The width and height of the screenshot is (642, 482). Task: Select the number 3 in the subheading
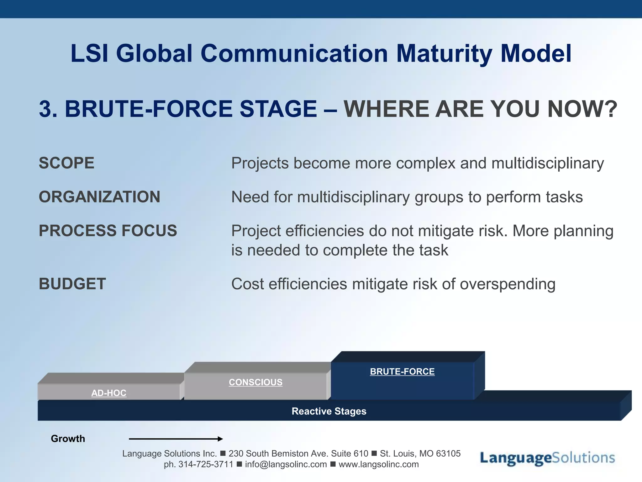45,109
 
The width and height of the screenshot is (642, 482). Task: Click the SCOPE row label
66,163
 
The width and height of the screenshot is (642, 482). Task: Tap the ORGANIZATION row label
99,197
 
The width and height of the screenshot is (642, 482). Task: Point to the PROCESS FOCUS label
108,231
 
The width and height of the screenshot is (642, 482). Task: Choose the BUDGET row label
72,284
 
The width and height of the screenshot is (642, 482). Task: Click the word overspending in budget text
508,284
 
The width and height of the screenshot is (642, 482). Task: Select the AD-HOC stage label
109,393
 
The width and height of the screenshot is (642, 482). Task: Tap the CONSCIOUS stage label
255,382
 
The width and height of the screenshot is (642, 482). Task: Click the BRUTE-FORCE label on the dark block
402,372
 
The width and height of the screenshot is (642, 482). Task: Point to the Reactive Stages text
329,411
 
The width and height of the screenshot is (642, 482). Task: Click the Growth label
68,439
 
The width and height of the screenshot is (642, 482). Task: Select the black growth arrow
176,439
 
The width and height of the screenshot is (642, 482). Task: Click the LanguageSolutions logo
547,458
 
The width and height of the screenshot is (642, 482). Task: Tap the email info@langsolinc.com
286,464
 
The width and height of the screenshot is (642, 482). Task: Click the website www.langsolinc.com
379,464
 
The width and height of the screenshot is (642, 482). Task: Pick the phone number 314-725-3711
206,464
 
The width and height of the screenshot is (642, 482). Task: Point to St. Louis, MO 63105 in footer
420,453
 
